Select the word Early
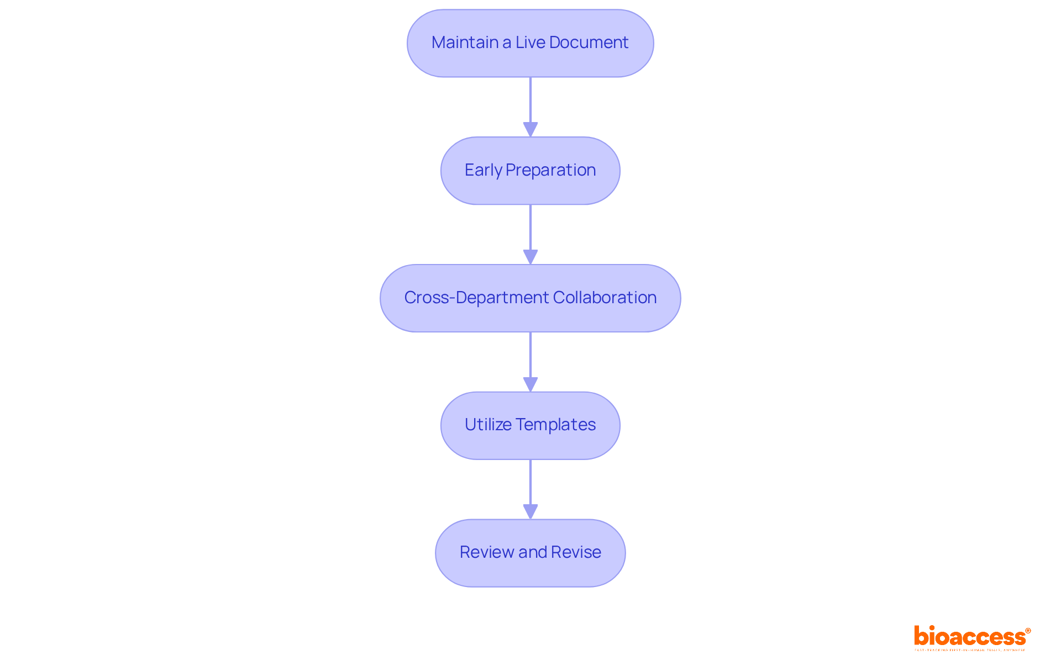pyautogui.click(x=483, y=170)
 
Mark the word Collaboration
pyautogui.click(x=605, y=298)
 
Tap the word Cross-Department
pyautogui.click(x=476, y=298)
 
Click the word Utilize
pyautogui.click(x=488, y=425)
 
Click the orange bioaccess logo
pyautogui.click(x=970, y=637)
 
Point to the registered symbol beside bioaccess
pyautogui.click(x=1028, y=630)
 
